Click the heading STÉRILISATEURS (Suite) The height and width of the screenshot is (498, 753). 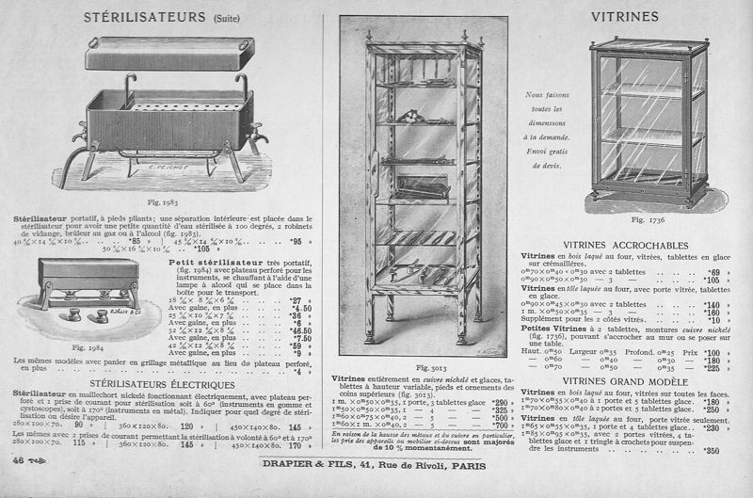coord(161,17)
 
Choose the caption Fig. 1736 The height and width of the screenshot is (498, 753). coord(649,219)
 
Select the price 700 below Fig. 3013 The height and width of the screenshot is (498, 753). coord(490,426)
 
